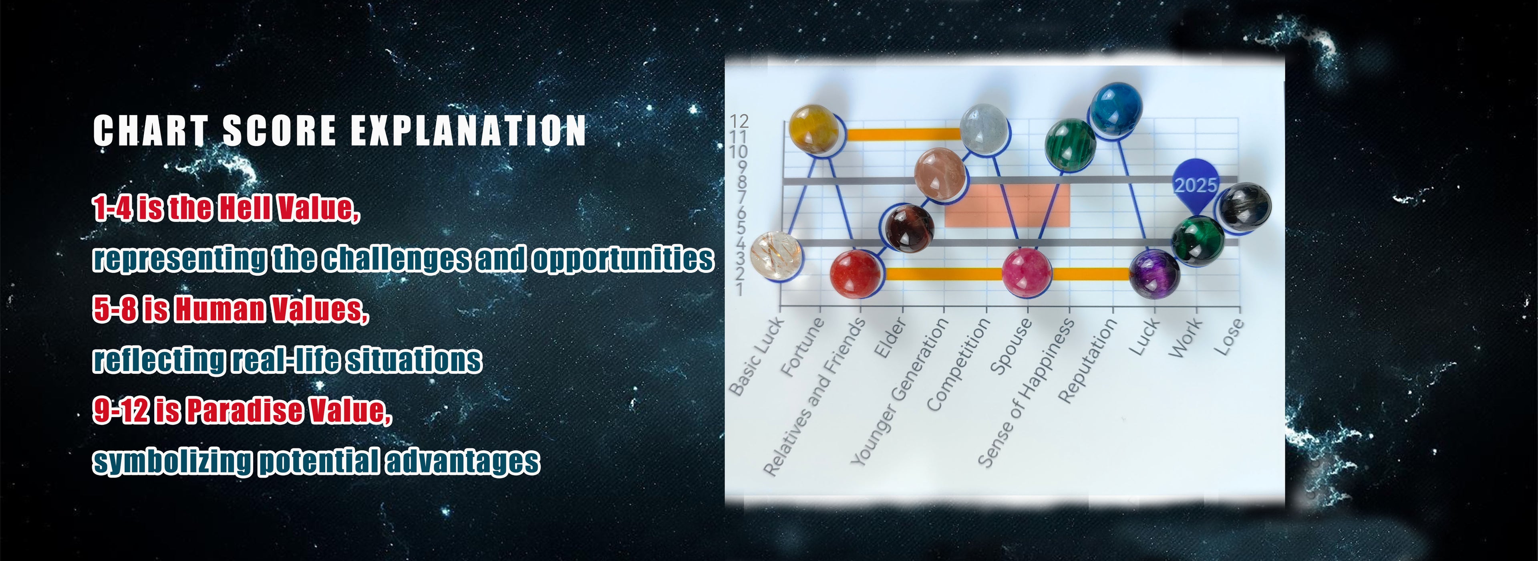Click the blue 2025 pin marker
point(1195,185)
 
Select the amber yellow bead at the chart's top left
point(814,129)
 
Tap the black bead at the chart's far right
point(1244,207)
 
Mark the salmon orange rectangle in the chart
point(1007,205)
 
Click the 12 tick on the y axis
point(739,121)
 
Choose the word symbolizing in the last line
point(172,462)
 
